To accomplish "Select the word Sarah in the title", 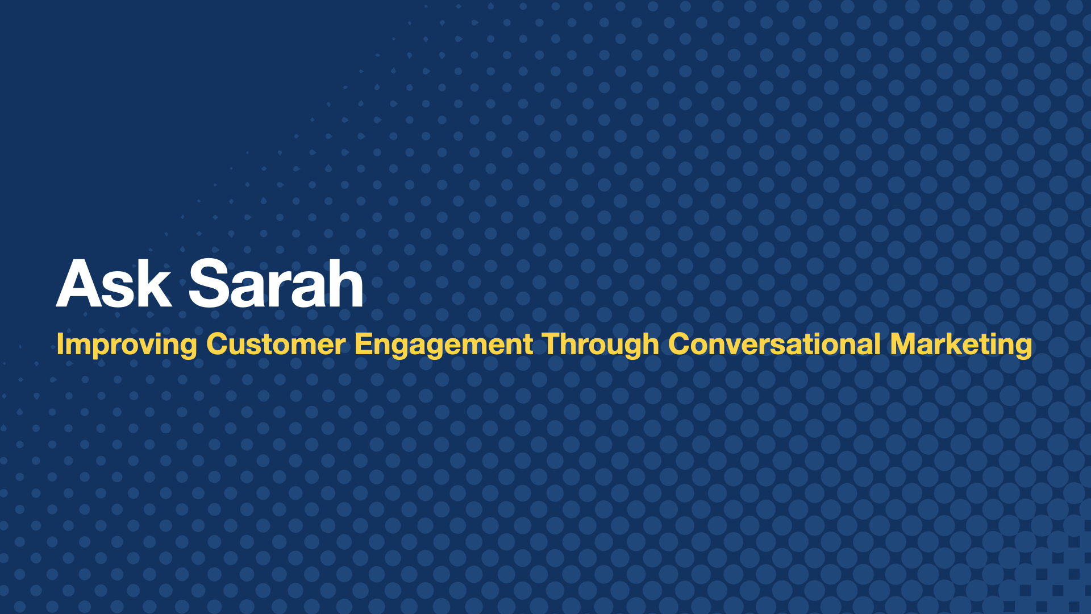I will pos(276,283).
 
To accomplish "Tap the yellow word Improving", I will pos(126,345).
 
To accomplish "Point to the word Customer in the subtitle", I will pos(276,345).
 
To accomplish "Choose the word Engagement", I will pos(443,345).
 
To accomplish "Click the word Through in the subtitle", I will pos(600,345).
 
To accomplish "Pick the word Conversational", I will pos(774,345).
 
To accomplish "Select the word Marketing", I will pos(961,345).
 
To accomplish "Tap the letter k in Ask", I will pos(155,283).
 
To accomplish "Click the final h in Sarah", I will pos(346,283).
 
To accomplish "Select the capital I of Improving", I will pos(60,344).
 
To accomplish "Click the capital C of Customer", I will pos(216,344).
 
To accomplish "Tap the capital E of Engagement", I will pos(362,344).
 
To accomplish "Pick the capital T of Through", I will pos(552,344).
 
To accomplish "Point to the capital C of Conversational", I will pos(678,344).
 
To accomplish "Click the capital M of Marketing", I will pos(902,344).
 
